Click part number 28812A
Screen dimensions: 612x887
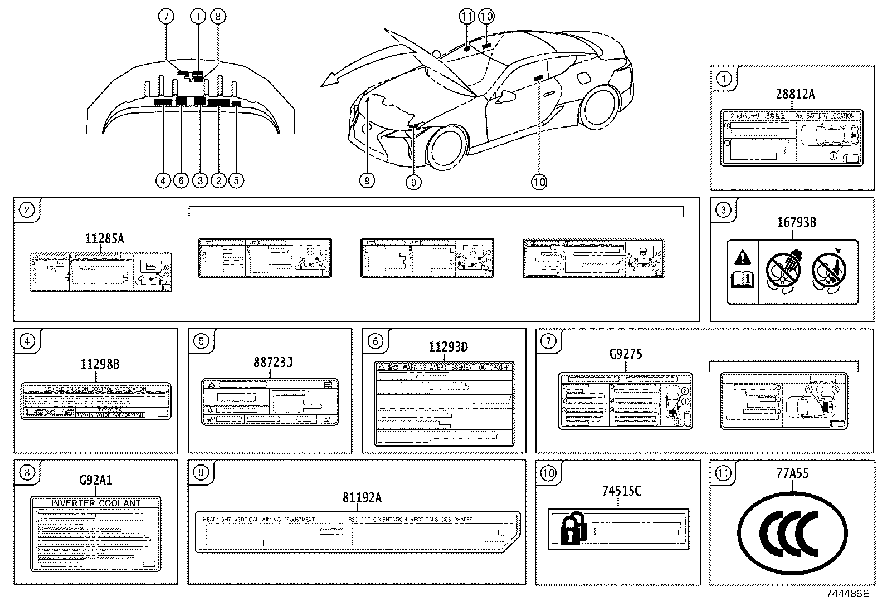[x=795, y=94]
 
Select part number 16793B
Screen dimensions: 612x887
[x=797, y=222]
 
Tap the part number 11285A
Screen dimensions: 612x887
[x=104, y=239]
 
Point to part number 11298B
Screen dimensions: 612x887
[x=100, y=365]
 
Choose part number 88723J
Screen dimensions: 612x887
[x=273, y=362]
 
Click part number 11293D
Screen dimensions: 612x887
[x=448, y=347]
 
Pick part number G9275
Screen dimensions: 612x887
[x=626, y=353]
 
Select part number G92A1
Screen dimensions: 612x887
[x=95, y=480]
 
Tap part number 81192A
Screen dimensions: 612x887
[x=362, y=497]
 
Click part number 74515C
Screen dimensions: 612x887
[x=622, y=491]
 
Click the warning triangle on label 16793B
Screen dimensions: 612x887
[x=742, y=257]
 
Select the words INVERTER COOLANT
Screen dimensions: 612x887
[x=96, y=503]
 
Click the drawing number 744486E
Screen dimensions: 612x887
[x=847, y=593]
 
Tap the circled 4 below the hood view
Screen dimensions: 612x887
[x=163, y=180]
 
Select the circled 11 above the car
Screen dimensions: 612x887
[x=467, y=17]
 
